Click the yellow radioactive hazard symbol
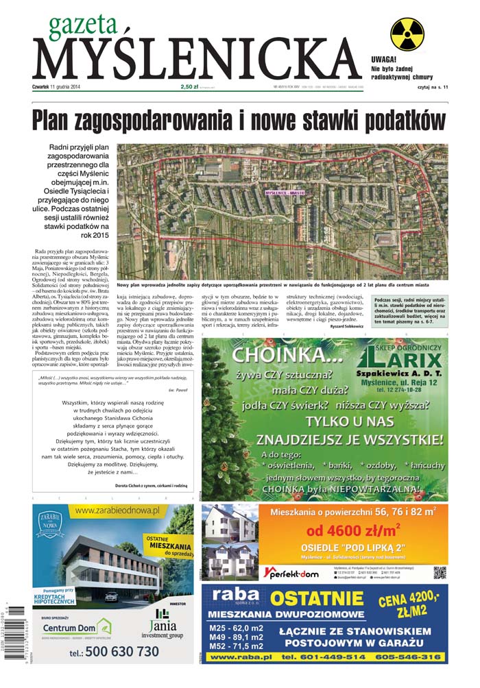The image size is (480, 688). tap(407, 34)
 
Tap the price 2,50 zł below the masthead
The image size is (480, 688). tap(190, 87)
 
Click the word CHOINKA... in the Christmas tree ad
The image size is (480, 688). tap(277, 355)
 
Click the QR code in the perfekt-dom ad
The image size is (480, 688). tap(440, 573)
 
